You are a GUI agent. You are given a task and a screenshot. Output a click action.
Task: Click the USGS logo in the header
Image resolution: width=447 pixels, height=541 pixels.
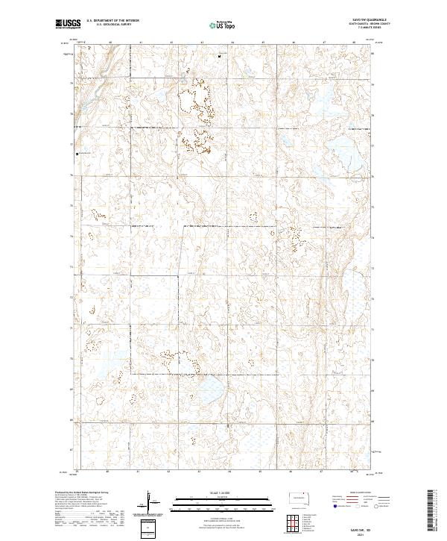tap(68, 24)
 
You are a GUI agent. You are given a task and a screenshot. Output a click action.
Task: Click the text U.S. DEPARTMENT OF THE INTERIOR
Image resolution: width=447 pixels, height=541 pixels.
tap(112, 21)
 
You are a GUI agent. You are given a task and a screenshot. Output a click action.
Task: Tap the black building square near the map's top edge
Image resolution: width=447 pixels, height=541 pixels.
tap(220, 56)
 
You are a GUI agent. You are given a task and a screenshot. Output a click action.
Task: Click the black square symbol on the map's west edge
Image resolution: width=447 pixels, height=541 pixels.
tap(77, 154)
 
